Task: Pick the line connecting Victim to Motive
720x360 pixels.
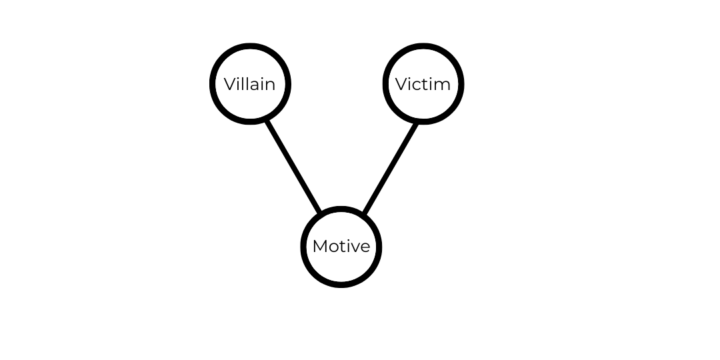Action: tap(391, 167)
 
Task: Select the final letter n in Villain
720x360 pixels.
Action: tap(270, 85)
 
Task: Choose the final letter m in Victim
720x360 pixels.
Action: tap(443, 85)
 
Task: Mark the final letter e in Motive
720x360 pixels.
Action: tap(365, 247)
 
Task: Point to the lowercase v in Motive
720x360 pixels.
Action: tap(355, 247)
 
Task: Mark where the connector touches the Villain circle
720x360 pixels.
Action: tap(268, 121)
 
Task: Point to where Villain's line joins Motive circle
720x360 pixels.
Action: tap(321, 211)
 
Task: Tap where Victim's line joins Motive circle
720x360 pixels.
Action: tap(363, 214)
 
